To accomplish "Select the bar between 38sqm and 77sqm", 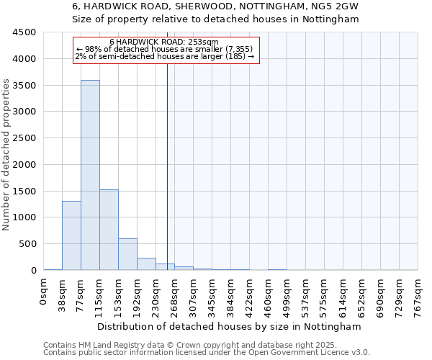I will coord(71,235).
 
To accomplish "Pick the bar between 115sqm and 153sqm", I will coord(109,230).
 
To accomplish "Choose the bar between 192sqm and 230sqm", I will coord(146,264).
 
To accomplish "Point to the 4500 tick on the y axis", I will coord(24,32).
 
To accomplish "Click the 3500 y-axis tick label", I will coord(24,85).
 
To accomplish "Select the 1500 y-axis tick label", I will coord(24,191).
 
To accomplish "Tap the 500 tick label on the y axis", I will coord(27,244).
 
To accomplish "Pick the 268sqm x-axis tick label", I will coord(175,294).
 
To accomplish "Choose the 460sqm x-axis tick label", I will coord(269,294).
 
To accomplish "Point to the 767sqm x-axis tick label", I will coord(418,294).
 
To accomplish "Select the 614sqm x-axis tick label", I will coord(343,294).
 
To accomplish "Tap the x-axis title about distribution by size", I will coord(230,326).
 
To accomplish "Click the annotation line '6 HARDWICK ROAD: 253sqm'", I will coord(165,42).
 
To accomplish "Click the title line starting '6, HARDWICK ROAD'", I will coord(215,6).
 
